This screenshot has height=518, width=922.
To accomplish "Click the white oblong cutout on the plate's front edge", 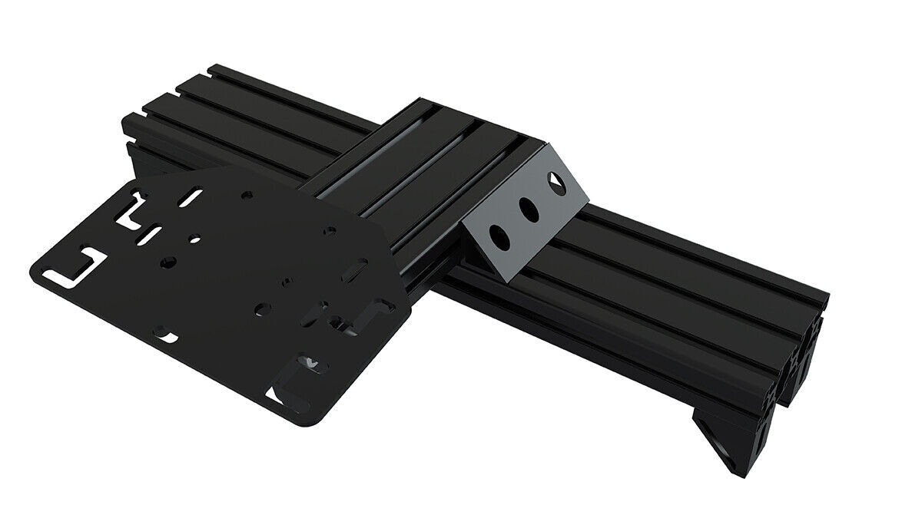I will click(x=164, y=335).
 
